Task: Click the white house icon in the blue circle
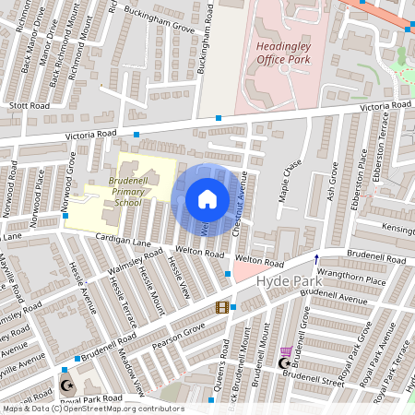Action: tap(207, 199)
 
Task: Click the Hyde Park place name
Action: tap(285, 279)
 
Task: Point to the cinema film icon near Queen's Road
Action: tap(221, 307)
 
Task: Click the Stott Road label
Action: tap(29, 106)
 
